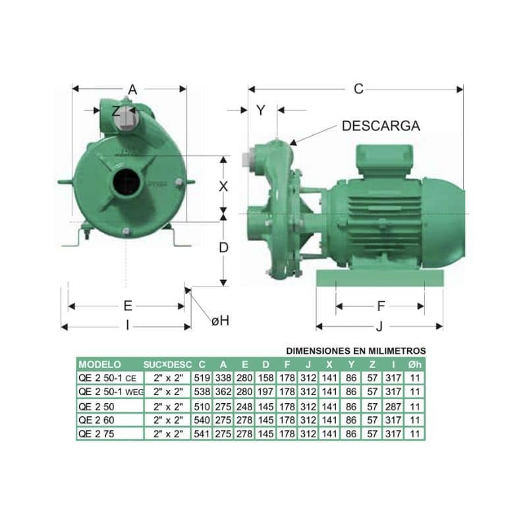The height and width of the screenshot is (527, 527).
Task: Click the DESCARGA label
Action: coord(381,126)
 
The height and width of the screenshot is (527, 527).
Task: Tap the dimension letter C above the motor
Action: coord(358,89)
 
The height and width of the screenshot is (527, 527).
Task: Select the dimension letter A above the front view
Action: coord(133,90)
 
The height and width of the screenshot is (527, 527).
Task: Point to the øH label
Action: coord(221,321)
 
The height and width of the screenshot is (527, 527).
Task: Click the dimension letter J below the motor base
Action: coord(379,326)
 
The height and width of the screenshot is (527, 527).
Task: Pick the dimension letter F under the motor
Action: coord(381,306)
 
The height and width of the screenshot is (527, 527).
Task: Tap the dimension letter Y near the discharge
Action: coord(261,110)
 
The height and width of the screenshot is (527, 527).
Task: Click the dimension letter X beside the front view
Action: coord(223,186)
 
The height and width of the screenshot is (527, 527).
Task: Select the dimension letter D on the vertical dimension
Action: coord(223,248)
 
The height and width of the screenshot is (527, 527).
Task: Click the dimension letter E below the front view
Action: coord(128,306)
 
